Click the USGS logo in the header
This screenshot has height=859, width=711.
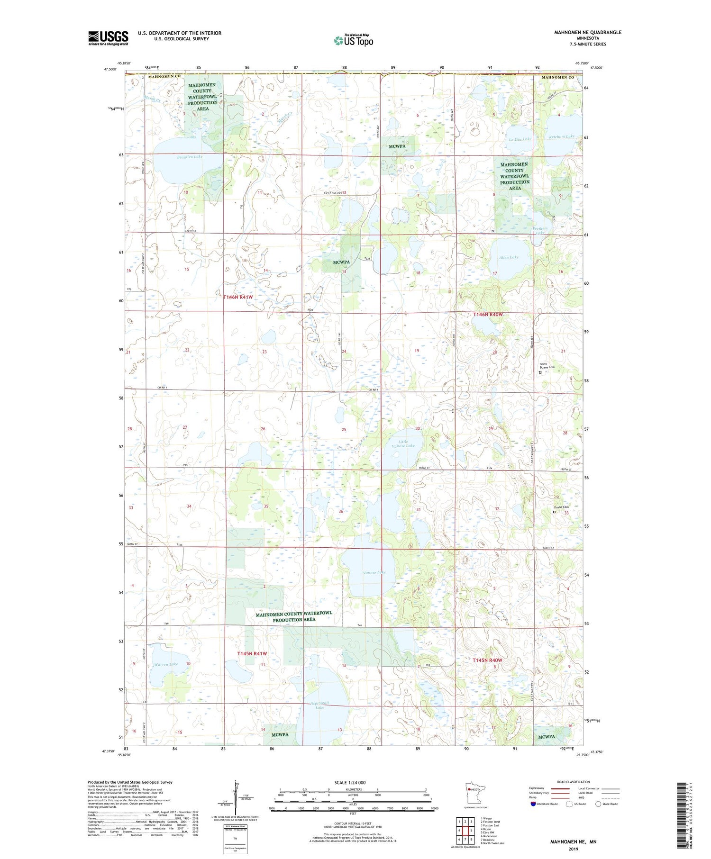108,38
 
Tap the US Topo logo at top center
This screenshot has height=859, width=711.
353,41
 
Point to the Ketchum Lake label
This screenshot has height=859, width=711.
561,136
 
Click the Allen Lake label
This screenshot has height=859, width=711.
509,257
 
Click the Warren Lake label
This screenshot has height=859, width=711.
166,664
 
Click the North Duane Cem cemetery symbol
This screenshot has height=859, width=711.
540,372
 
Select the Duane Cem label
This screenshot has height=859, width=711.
561,507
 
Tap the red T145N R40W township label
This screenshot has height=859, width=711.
487,660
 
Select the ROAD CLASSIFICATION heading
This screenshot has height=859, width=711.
574,782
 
